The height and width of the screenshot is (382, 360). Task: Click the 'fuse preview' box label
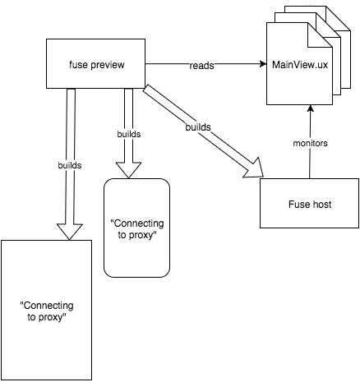(97, 65)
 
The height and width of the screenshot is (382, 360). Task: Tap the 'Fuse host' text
(310, 205)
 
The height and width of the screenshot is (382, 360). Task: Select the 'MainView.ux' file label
(300, 65)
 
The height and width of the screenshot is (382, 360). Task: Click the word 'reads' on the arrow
(201, 66)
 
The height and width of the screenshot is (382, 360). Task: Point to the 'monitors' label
(310, 143)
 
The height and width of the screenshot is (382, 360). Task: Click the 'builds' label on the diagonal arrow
(198, 127)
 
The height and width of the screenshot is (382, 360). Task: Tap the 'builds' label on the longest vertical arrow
(70, 165)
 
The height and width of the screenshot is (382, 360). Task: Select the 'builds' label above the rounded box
(129, 134)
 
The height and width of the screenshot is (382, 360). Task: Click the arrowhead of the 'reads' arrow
(263, 64)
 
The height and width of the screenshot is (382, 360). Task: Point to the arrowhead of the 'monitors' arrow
(310, 108)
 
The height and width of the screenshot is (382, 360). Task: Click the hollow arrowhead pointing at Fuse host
(254, 168)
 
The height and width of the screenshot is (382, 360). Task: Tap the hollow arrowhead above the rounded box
(128, 170)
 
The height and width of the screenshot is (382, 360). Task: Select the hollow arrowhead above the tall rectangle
(70, 232)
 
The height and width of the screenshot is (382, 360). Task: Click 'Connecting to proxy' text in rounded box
(137, 229)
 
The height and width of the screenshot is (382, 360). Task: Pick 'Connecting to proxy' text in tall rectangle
(47, 311)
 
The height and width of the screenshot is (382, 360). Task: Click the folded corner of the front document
(320, 35)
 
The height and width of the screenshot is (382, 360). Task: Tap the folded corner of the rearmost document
(338, 18)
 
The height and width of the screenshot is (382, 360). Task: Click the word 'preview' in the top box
(108, 65)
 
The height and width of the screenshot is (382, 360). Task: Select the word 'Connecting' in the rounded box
(137, 223)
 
